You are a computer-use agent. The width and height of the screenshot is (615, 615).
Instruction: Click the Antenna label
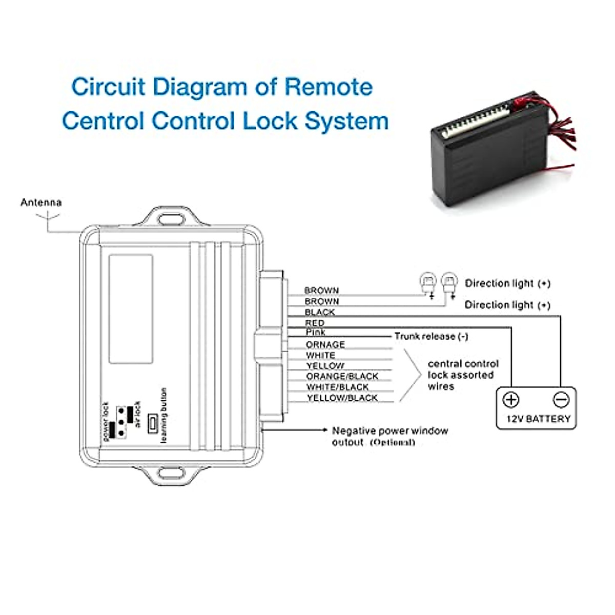41,202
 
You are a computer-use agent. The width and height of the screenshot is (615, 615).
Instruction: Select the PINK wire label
315,333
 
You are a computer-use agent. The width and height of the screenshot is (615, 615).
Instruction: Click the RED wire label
314,323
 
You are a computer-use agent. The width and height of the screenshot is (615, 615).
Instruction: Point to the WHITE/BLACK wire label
337,387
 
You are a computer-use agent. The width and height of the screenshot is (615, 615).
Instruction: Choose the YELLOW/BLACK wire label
342,398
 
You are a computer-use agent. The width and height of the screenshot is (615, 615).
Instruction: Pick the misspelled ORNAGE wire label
325,344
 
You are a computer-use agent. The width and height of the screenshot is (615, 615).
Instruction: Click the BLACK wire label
320,312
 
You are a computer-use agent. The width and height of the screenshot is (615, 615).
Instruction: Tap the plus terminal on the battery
511,399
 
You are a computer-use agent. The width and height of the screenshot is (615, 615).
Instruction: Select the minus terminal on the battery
561,399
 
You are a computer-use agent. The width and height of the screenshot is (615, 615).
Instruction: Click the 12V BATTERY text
538,419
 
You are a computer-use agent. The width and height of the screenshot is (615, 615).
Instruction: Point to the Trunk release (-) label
431,336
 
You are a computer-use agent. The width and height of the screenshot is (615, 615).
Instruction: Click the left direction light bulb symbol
427,282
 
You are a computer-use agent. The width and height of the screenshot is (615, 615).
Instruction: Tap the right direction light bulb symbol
449,282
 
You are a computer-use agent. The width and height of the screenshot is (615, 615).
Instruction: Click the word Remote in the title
328,87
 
